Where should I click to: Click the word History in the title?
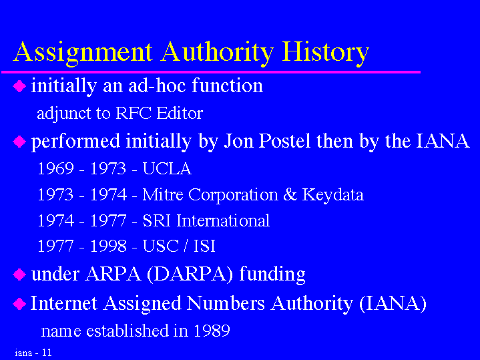click(x=325, y=52)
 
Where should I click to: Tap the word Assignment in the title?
click(x=83, y=53)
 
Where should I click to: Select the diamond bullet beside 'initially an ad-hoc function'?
click(x=19, y=86)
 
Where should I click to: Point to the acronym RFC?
click(x=134, y=113)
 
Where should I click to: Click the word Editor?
click(x=180, y=113)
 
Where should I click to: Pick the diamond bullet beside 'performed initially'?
click(x=19, y=142)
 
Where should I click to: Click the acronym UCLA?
click(x=167, y=168)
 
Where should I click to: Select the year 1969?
click(x=55, y=168)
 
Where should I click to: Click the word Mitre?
click(x=163, y=194)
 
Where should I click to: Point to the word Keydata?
click(x=332, y=195)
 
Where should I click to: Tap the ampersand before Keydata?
click(x=290, y=194)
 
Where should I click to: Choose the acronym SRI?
click(x=156, y=220)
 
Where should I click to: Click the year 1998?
click(x=108, y=246)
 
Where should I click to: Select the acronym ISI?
click(x=204, y=246)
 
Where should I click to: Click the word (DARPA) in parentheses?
click(x=190, y=274)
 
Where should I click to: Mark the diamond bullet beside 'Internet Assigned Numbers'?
click(x=19, y=304)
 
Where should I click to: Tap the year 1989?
click(x=212, y=331)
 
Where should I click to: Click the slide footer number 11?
click(x=47, y=353)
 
